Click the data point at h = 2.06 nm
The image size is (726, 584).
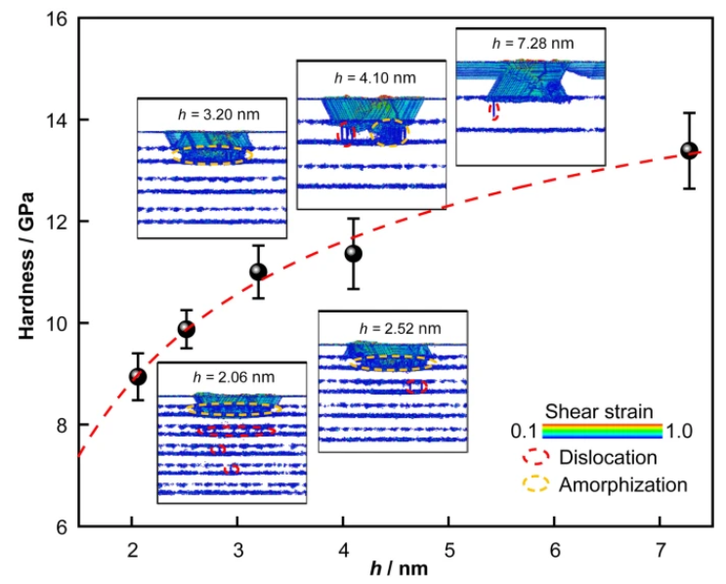138,377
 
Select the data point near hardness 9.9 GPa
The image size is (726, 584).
186,329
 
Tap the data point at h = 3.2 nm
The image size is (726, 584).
258,271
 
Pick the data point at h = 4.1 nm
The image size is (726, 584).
354,254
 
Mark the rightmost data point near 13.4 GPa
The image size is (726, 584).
690,150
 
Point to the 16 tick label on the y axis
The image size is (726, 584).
58,19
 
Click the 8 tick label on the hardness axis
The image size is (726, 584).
62,425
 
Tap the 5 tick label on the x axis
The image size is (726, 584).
449,550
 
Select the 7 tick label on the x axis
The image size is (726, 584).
661,550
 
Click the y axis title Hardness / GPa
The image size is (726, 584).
26,266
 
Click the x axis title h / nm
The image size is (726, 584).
399,568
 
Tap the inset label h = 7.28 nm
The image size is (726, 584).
533,44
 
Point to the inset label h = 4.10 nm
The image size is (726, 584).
375,78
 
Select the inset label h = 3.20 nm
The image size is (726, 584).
219,114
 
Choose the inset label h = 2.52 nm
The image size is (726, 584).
400,328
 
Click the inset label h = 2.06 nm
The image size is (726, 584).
234,377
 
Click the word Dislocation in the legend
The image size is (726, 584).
608,457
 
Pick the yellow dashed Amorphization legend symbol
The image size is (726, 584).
535,483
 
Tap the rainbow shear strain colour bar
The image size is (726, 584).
602,431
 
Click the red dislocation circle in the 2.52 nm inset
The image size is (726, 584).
416,387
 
